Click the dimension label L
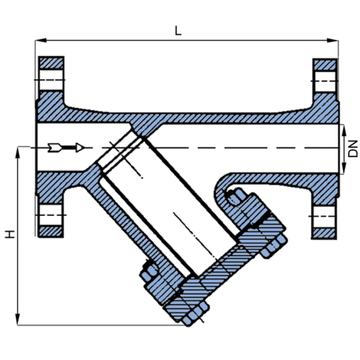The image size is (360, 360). pyautogui.click(x=179, y=31)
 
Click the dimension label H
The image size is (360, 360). pyautogui.click(x=9, y=234)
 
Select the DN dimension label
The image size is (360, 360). pyautogui.click(x=353, y=148)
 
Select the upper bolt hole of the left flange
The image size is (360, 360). pyautogui.click(x=51, y=81)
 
